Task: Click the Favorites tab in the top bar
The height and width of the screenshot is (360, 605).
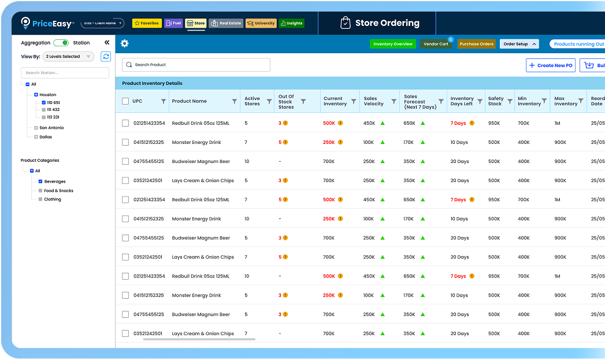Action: (x=147, y=23)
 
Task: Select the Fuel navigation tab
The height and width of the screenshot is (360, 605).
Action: (x=173, y=23)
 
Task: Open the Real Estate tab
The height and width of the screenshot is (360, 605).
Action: (x=226, y=23)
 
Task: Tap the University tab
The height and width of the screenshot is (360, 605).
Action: (x=261, y=23)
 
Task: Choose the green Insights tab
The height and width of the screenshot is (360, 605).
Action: (x=291, y=23)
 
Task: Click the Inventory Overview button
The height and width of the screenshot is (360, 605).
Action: (x=393, y=44)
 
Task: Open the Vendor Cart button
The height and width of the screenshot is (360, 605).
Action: (x=436, y=44)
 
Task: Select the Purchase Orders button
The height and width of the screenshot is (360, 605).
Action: (x=477, y=44)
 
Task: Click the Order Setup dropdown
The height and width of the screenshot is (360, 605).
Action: (x=519, y=44)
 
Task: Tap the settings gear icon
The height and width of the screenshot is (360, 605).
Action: (x=125, y=43)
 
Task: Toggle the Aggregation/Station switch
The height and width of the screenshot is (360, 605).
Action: (x=61, y=43)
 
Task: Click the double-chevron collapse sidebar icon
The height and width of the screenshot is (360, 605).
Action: (x=107, y=43)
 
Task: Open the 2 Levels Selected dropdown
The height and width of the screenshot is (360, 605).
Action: (x=68, y=57)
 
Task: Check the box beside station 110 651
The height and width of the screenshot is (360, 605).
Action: (x=44, y=102)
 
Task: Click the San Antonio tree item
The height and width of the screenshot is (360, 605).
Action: (x=51, y=128)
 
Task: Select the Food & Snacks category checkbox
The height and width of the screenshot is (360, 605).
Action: (x=40, y=191)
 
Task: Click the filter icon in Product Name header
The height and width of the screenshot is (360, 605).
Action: (x=235, y=101)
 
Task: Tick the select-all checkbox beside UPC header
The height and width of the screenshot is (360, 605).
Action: (x=125, y=101)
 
